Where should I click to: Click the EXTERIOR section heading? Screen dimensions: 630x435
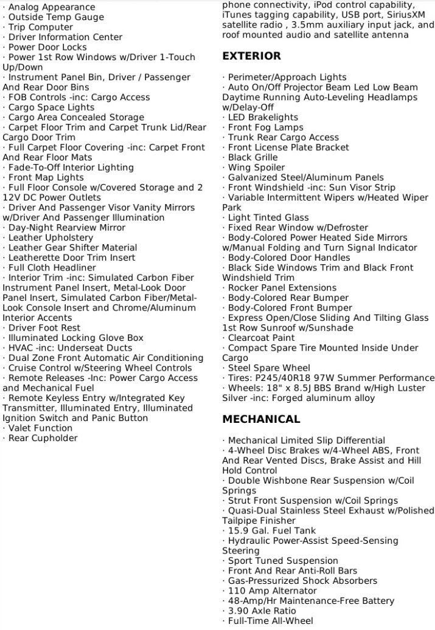coord(251,56)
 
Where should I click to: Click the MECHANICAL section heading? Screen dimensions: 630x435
coord(261,419)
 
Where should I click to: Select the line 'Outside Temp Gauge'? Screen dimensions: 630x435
coord(56,17)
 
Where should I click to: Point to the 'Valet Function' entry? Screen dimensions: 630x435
coord(40,428)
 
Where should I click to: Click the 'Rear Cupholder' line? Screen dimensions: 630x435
coord(43,438)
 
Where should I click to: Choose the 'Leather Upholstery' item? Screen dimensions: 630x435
coord(50,238)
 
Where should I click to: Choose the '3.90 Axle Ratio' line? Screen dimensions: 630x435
coord(262,611)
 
